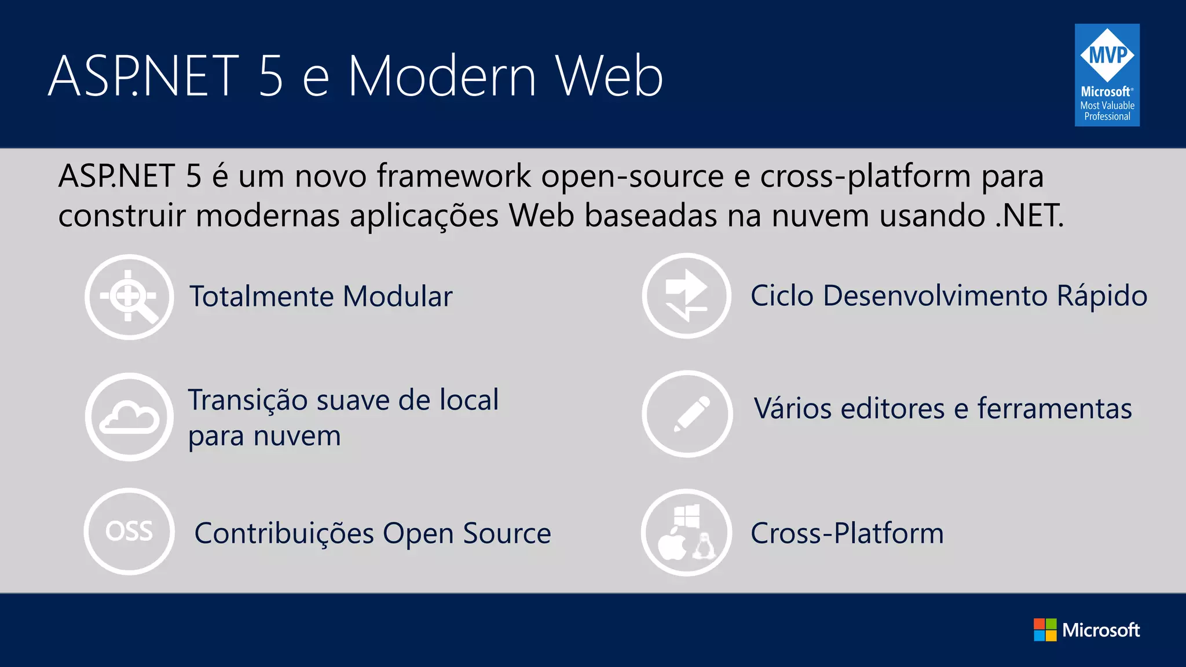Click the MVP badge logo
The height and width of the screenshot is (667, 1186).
pos(1107,75)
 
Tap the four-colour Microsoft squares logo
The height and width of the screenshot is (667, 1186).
pos(1045,630)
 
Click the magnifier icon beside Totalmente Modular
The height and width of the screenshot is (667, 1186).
pos(129,297)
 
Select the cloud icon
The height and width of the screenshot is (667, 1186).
pos(129,417)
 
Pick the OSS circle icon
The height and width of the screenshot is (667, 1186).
pos(129,532)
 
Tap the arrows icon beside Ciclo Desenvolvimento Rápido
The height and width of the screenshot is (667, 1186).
pos(687,296)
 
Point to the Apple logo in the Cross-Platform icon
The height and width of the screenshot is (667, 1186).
pos(672,544)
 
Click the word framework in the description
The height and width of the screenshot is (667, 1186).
pos(453,176)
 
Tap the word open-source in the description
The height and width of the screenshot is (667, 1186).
pos(632,176)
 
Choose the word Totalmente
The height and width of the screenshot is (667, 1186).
pos(261,296)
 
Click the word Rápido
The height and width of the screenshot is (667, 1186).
pos(1101,296)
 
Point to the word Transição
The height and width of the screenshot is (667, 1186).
pos(247,400)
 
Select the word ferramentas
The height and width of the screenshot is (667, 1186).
pos(1055,409)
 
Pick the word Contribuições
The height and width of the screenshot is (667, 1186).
pos(284,533)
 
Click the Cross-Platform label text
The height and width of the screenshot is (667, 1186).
pos(847,533)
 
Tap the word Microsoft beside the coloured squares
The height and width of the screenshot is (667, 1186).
pos(1101,630)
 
